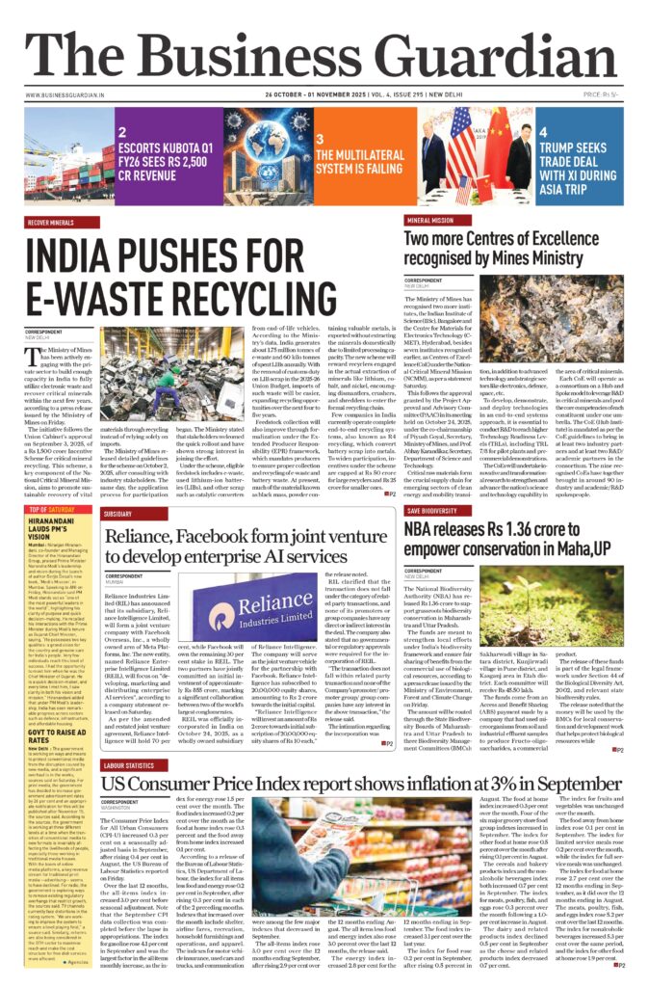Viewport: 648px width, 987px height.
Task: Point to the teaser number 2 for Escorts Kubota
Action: coord(122,131)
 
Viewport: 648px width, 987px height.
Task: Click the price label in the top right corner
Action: coord(625,96)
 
